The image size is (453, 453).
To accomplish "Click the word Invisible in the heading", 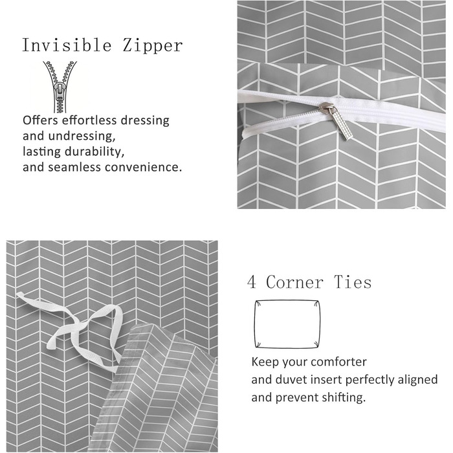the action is [x=67, y=45].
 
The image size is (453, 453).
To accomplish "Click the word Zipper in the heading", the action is [x=153, y=46].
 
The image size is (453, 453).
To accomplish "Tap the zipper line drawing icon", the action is [x=60, y=87].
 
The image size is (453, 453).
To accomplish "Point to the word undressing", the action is [x=82, y=136].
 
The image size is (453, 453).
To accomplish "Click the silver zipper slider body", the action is [x=327, y=108].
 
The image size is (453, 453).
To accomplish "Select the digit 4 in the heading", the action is [x=252, y=282].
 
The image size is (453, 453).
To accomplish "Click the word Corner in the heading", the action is [x=294, y=282].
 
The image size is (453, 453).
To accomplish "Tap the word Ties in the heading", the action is [x=353, y=282].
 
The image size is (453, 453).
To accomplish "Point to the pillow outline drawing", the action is [x=254, y=324].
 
